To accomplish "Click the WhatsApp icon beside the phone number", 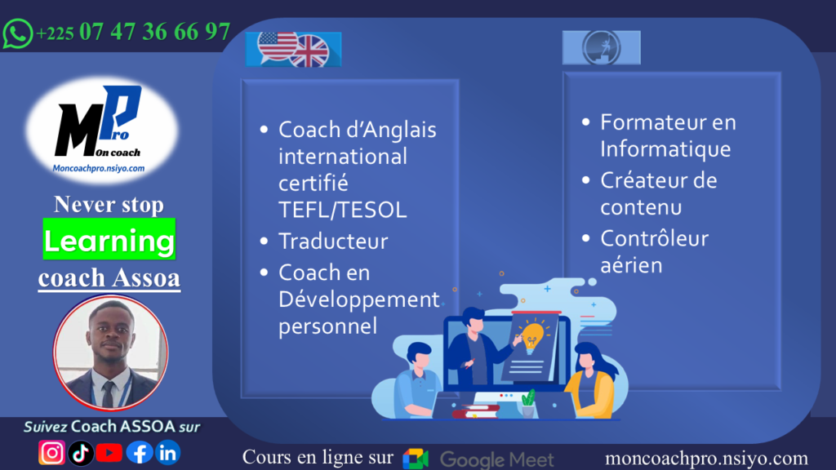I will (x=17, y=33).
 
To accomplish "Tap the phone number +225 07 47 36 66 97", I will (x=133, y=33).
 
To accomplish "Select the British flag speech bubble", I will (x=309, y=51).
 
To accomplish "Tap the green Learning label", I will (x=109, y=241).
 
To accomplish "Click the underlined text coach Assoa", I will (x=109, y=277).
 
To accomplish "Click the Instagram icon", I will (x=51, y=452).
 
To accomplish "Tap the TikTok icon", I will (x=80, y=452).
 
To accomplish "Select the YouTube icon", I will (x=109, y=452).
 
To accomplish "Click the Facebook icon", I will (x=139, y=452).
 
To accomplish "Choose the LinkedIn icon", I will (x=167, y=452).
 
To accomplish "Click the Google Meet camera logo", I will (x=416, y=459).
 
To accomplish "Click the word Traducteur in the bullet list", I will (x=333, y=242).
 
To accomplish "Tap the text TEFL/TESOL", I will (x=342, y=210).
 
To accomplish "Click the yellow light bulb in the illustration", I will (x=533, y=333).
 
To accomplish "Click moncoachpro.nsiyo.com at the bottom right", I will (x=706, y=459).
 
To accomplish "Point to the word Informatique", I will (x=665, y=149).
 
